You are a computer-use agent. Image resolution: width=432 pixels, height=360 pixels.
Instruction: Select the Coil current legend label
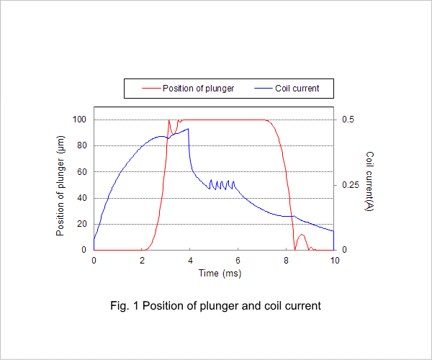(297, 89)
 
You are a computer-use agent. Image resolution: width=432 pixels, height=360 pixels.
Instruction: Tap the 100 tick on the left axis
(79, 120)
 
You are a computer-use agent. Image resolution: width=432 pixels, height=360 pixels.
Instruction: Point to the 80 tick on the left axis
(82, 145)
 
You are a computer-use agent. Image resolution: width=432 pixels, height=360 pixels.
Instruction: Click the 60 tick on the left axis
(82, 172)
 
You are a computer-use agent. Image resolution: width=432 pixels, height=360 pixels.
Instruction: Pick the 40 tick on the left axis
(82, 198)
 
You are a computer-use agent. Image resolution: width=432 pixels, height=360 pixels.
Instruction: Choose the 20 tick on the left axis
(82, 224)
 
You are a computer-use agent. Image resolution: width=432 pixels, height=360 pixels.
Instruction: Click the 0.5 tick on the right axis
(348, 120)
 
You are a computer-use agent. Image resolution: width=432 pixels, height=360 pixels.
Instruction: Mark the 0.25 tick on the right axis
(351, 185)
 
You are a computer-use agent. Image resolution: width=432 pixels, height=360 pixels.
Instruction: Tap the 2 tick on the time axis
(142, 261)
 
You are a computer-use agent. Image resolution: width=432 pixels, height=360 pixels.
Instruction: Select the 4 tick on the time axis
(190, 261)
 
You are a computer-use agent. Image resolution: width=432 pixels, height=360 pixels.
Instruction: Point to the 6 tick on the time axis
(238, 261)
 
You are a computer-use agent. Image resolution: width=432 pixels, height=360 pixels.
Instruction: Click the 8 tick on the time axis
(286, 261)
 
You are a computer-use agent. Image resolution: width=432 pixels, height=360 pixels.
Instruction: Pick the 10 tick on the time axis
(335, 261)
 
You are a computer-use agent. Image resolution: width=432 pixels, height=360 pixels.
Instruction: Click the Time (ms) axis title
(220, 273)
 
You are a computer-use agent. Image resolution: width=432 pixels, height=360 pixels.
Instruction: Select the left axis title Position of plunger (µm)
(60, 186)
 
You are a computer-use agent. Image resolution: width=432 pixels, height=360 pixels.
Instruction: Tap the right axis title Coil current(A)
(369, 181)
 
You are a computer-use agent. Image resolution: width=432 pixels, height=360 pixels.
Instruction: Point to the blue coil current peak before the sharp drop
(188, 129)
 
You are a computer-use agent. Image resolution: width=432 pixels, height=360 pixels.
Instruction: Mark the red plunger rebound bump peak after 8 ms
(302, 235)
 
